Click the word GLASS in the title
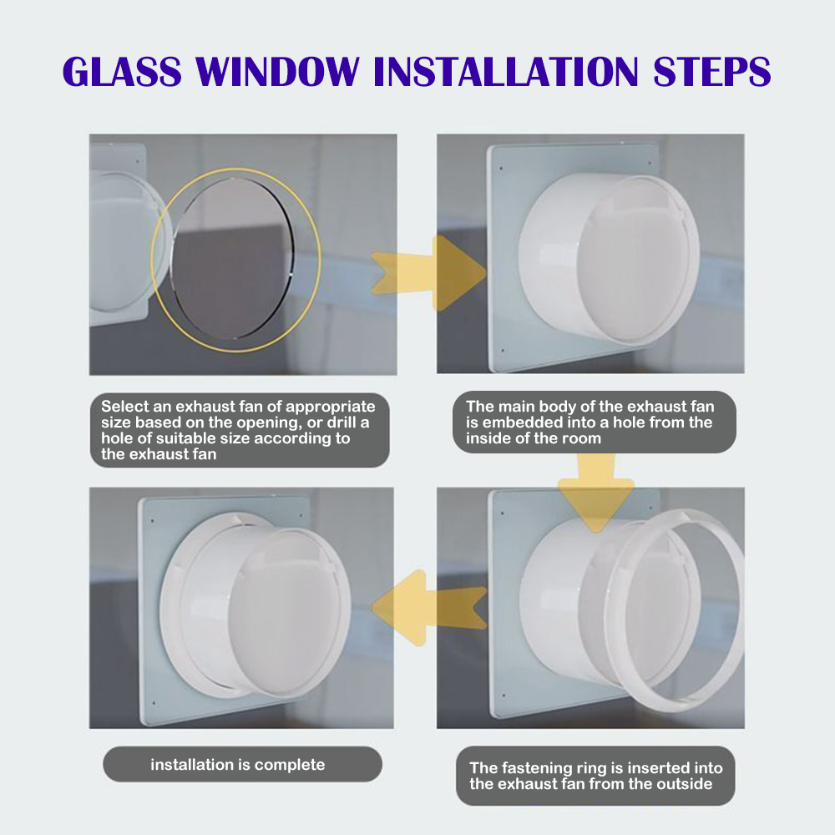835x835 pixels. tap(122, 71)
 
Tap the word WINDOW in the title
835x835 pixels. tap(277, 71)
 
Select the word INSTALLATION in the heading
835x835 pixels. tap(505, 71)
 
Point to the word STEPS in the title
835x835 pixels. tap(711, 71)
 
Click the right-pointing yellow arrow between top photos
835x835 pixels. tap(429, 273)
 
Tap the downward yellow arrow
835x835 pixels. tap(596, 493)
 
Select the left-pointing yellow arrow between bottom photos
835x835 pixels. tap(429, 607)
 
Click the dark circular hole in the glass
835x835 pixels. tap(232, 258)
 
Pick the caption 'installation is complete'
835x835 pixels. tap(237, 765)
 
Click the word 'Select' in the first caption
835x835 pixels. tap(124, 407)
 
